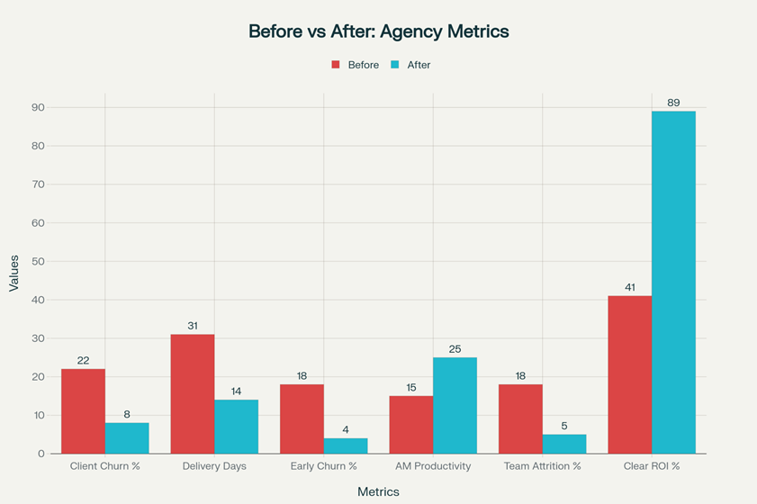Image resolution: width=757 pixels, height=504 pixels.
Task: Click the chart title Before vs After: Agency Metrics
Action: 378,31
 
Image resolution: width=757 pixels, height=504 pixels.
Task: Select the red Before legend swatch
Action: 336,65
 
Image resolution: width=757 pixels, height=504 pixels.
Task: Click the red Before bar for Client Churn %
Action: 83,411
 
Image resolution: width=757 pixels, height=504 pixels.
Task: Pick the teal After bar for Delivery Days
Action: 236,427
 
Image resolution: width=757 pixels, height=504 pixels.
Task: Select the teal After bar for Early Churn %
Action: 346,445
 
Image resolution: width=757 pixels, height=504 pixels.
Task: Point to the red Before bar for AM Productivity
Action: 410,425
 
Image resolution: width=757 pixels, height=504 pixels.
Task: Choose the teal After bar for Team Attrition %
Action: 564,444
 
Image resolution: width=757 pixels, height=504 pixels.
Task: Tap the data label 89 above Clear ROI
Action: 673,103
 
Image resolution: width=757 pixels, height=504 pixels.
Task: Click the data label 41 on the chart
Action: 629,288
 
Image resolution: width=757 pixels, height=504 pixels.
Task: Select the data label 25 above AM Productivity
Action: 455,349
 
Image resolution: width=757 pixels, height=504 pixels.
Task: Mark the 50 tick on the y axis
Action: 40,261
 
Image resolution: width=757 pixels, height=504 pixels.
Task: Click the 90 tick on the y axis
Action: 40,107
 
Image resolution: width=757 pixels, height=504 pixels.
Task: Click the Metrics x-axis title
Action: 378,491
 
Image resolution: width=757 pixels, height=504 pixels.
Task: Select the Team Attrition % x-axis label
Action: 542,466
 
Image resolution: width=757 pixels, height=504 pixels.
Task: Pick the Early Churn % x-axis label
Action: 323,466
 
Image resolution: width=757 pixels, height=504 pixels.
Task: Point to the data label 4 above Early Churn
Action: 346,430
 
